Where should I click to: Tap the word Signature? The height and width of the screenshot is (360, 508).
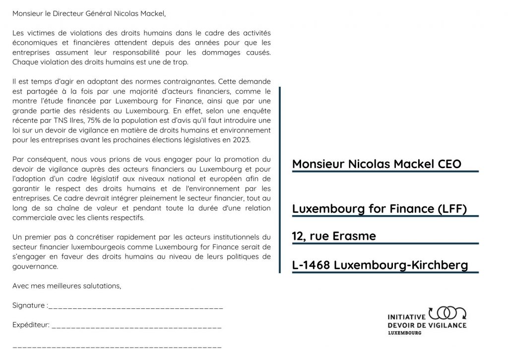28,305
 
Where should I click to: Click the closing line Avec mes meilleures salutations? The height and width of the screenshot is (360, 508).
66,286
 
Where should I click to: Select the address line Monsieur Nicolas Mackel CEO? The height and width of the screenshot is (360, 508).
377,164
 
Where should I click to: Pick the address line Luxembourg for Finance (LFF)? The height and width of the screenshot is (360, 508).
380,209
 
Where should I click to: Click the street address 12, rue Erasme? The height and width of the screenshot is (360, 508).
334,237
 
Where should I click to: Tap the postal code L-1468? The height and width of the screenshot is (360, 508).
311,265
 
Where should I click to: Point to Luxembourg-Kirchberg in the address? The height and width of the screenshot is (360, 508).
401,265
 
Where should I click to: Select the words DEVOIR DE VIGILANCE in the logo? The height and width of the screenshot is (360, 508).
426,325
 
